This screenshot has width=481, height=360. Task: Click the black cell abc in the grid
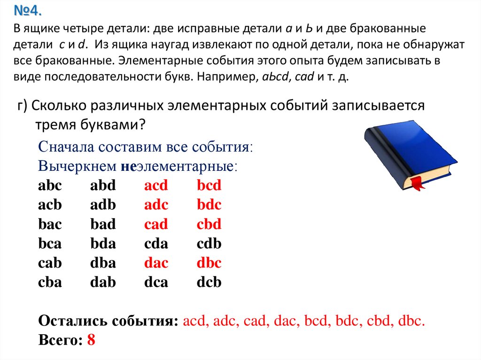tap(50, 185)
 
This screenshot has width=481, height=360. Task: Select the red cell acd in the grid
tap(156, 185)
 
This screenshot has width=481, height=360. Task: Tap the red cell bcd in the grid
tap(209, 185)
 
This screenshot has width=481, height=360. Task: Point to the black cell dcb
tap(209, 282)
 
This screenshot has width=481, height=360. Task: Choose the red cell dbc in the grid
tap(209, 263)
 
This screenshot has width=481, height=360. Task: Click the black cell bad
tap(103, 224)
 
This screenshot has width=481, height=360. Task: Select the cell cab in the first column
tap(50, 263)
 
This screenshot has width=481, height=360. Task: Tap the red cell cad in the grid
tap(156, 224)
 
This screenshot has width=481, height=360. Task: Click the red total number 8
tap(91, 340)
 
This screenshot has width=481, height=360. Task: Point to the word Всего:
tap(61, 340)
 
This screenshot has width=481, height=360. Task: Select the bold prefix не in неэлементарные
tap(128, 166)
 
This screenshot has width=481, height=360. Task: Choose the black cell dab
tap(103, 282)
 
